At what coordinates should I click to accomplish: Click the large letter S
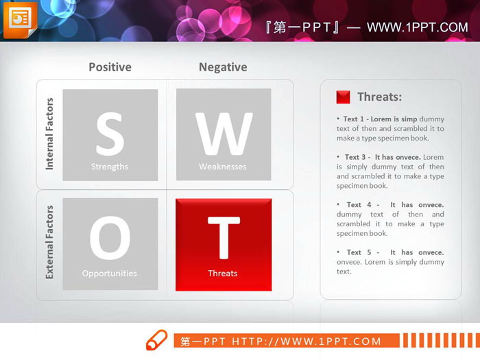point(110,134)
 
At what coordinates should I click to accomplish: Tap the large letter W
point(224,134)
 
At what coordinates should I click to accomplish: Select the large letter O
point(110,239)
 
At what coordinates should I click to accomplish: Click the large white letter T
point(224,238)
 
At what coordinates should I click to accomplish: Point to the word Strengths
point(110,167)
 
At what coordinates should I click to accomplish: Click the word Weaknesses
point(223,167)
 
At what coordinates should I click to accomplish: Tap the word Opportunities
point(110,274)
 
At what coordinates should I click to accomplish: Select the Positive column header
point(110,67)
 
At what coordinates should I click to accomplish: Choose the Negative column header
point(223,67)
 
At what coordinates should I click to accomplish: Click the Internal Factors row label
point(49,134)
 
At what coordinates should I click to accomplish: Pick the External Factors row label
point(49,241)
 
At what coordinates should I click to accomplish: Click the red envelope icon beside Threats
point(343,97)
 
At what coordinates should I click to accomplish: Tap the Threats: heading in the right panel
point(379,97)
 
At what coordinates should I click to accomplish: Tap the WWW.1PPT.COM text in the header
point(417,27)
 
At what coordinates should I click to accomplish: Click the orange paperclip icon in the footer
point(156,339)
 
